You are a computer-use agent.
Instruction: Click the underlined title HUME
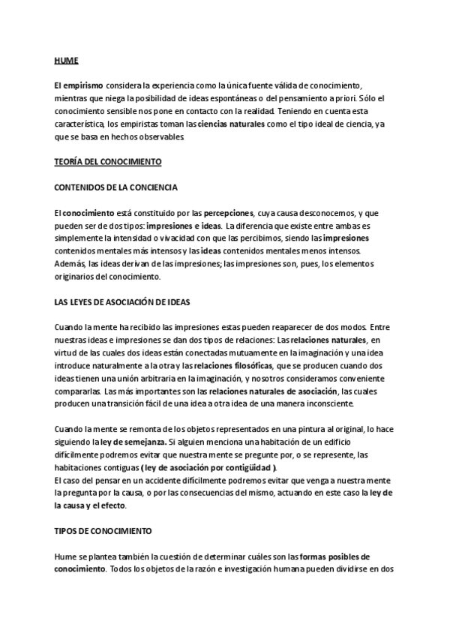66,59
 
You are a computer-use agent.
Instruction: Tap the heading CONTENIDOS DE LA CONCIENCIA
116,187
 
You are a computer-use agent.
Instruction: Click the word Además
70,263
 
